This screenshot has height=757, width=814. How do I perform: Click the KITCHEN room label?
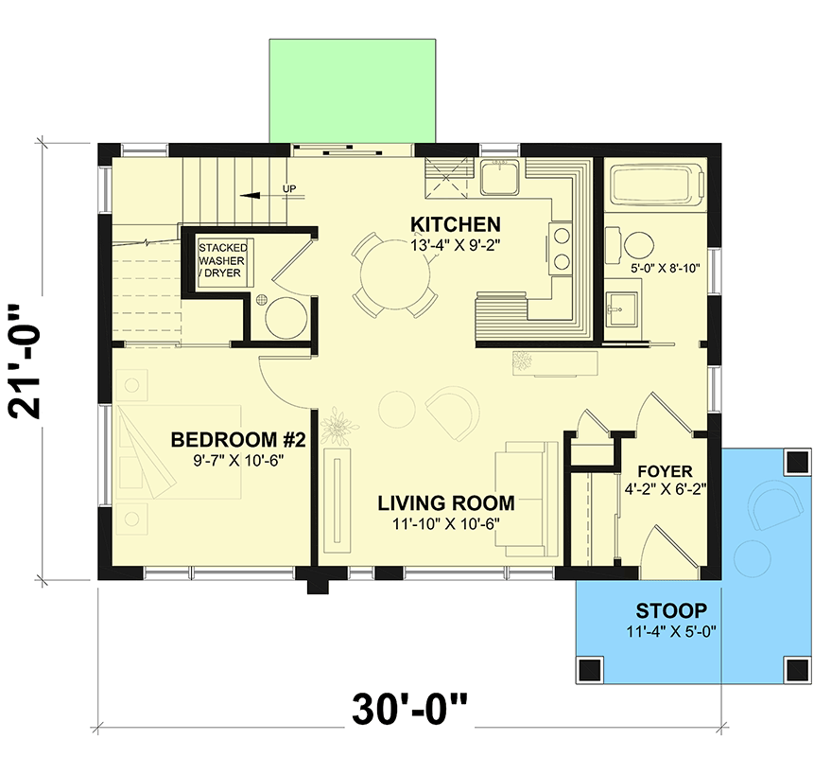click(x=455, y=224)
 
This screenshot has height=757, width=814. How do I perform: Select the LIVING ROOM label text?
click(x=446, y=502)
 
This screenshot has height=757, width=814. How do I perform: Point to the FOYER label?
click(x=664, y=470)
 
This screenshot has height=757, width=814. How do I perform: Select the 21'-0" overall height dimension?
click(x=32, y=361)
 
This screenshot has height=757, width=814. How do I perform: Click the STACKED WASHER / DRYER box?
click(x=219, y=261)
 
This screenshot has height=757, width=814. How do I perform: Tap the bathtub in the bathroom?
click(x=657, y=185)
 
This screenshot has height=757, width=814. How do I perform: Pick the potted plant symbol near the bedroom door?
click(x=338, y=428)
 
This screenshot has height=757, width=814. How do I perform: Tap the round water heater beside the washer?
click(x=284, y=318)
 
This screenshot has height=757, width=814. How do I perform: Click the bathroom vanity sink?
click(x=620, y=308)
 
